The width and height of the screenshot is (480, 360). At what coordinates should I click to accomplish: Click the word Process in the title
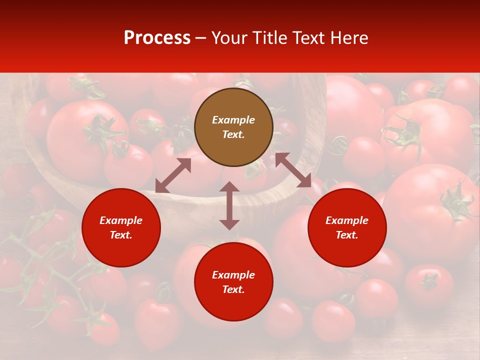[157, 38]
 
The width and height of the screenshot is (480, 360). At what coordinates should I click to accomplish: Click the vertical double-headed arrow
[229, 205]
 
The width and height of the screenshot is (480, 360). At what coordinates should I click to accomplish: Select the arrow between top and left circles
[173, 175]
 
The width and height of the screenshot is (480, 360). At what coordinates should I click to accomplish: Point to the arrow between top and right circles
[293, 170]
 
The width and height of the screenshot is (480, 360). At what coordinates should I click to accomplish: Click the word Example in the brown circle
[233, 120]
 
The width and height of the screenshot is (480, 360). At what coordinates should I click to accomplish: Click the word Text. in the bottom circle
[233, 289]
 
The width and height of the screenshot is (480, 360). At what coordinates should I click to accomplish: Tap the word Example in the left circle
[121, 220]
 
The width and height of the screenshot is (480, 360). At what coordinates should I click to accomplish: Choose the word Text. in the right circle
[347, 235]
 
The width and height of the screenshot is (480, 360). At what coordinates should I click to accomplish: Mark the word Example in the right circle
[347, 220]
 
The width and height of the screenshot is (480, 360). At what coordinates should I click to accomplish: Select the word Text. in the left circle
[121, 235]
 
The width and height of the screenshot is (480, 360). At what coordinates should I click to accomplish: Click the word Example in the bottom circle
[233, 275]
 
